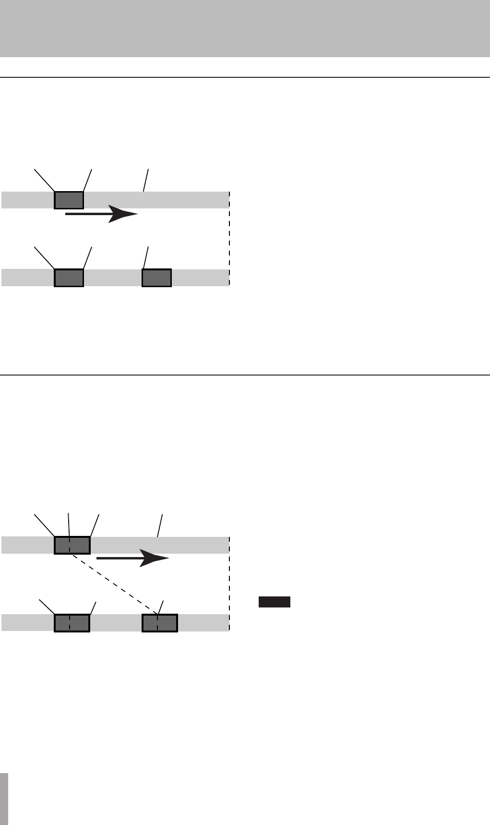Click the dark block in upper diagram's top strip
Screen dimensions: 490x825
[x=69, y=200]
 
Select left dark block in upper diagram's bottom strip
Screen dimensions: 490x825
[x=69, y=278]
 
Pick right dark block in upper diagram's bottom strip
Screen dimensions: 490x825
[x=156, y=278]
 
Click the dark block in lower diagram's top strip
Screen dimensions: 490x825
[x=72, y=545]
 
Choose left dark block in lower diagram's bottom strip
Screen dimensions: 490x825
[x=72, y=623]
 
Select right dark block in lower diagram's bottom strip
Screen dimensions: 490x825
[x=160, y=623]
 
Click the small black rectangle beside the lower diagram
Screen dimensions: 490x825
[x=275, y=602]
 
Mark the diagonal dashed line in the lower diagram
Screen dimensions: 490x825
[x=115, y=584]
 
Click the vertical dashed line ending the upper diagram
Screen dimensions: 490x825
[x=229, y=240]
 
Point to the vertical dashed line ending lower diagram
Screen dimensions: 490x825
[x=229, y=583]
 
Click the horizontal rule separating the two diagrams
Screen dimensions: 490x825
[x=245, y=375]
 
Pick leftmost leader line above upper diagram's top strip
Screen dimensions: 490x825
[x=44, y=180]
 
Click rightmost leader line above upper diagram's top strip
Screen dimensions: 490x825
[x=146, y=180]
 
